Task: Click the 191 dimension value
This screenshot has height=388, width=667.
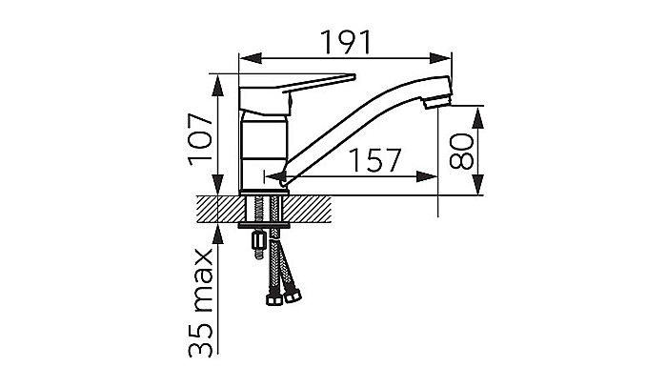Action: pyautogui.click(x=346, y=42)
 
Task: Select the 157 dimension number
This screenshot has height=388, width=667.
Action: pyautogui.click(x=374, y=160)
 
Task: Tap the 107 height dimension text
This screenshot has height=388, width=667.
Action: pyautogui.click(x=201, y=139)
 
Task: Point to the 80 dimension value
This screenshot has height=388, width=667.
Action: pyautogui.click(x=461, y=151)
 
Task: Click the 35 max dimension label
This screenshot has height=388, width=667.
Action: pyautogui.click(x=201, y=303)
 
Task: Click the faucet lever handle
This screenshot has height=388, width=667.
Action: pyautogui.click(x=297, y=94)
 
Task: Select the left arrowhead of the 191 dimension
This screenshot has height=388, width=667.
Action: pyautogui.click(x=250, y=58)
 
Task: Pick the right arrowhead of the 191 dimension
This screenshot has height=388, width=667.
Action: pyautogui.click(x=440, y=58)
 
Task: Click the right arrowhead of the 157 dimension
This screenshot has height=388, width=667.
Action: pyautogui.click(x=427, y=176)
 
